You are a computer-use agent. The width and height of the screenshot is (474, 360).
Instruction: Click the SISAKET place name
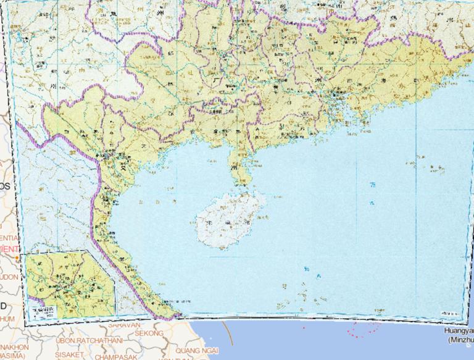(x=69, y=355)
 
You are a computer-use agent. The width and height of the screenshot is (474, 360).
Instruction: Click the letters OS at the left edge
(x=5, y=186)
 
